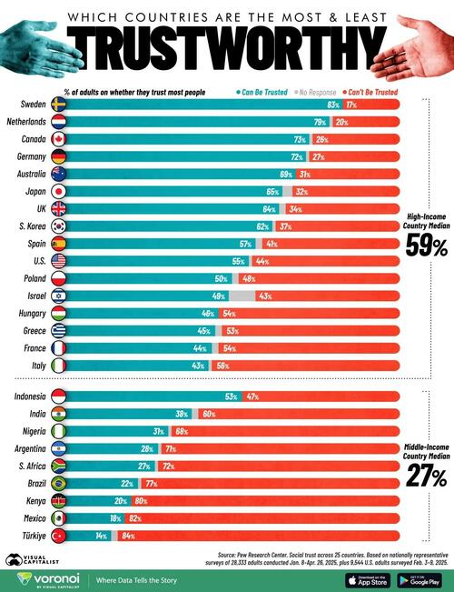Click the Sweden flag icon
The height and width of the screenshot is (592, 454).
(x=59, y=105)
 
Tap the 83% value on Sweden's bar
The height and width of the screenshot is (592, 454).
(x=332, y=105)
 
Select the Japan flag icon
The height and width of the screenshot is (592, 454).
(x=59, y=192)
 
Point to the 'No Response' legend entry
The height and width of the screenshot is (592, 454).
(x=313, y=92)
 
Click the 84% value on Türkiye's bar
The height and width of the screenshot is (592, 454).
(x=128, y=536)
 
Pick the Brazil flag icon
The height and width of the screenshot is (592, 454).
(x=59, y=484)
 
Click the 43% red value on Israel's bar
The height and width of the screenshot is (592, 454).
(x=265, y=296)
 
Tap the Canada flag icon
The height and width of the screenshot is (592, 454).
(x=59, y=140)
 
